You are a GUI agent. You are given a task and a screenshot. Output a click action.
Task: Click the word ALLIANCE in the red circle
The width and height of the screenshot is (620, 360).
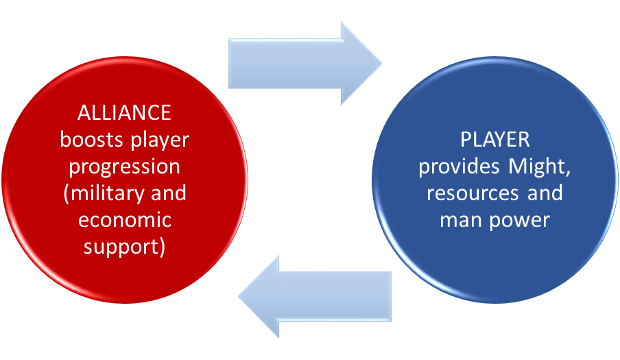click(x=124, y=112)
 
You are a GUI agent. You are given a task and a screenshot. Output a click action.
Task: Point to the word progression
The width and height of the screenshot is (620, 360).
click(x=124, y=166)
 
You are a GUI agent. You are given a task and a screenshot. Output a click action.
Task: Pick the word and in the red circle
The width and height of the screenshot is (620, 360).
click(x=165, y=193)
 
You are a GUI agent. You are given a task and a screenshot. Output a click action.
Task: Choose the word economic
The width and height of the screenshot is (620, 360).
click(x=124, y=219)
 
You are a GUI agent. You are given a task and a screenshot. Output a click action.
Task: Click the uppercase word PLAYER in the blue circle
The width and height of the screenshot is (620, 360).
click(x=494, y=139)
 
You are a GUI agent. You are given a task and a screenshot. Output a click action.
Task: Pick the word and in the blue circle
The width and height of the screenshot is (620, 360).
click(x=546, y=193)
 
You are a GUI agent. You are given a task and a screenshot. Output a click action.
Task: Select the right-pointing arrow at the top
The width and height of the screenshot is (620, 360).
click(x=302, y=63)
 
